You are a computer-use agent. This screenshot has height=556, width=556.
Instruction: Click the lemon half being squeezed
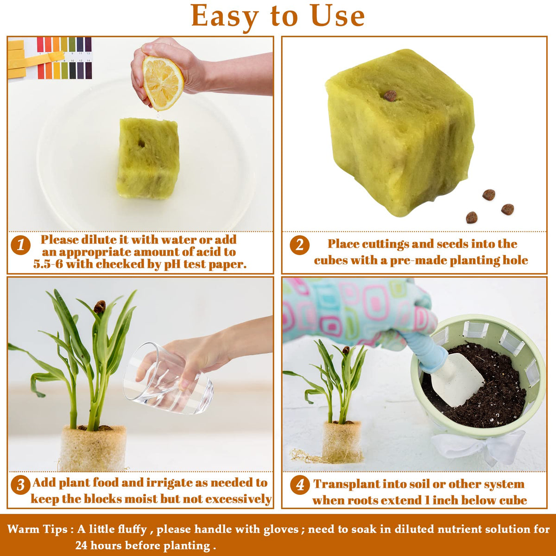(x=163, y=83)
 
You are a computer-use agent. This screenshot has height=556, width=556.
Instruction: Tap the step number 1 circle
(x=21, y=245)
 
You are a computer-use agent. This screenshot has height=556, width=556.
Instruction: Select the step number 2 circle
(x=300, y=245)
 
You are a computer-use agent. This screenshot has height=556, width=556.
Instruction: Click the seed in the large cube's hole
(x=391, y=96)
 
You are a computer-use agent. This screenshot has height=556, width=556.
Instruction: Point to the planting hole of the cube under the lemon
(x=141, y=143)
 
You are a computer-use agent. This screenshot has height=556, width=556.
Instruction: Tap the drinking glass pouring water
(x=168, y=378)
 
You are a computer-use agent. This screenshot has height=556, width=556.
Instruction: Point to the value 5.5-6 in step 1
(x=48, y=264)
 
